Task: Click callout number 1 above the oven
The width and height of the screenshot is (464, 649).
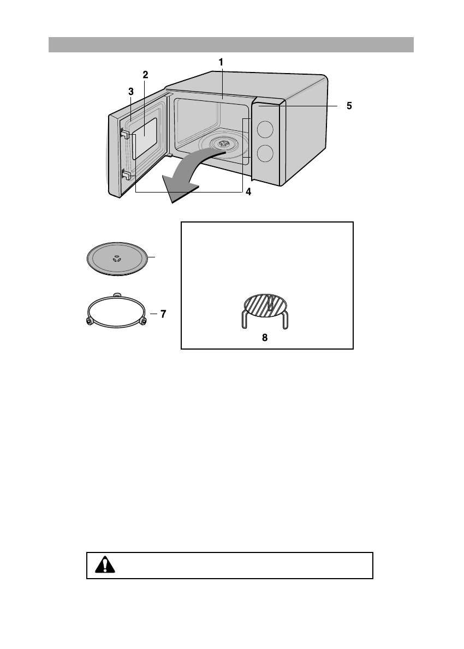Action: click(221, 62)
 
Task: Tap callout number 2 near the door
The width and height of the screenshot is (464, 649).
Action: click(145, 74)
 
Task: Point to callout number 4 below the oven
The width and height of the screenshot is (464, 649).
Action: click(248, 192)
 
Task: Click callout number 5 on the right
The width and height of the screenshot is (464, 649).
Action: click(349, 106)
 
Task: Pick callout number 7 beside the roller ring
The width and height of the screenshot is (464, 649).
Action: click(163, 314)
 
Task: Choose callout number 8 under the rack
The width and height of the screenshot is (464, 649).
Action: click(265, 338)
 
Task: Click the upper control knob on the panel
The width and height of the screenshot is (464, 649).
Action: click(265, 129)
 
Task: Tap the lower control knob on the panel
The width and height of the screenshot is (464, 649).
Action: click(265, 153)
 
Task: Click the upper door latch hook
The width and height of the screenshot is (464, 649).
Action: click(125, 134)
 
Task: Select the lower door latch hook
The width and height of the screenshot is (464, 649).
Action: click(125, 175)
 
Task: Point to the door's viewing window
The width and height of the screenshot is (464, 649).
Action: click(146, 136)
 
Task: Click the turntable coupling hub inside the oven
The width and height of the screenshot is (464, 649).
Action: click(222, 144)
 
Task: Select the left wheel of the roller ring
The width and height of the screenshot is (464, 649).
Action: click(89, 322)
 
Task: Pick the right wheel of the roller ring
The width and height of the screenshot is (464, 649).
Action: click(144, 322)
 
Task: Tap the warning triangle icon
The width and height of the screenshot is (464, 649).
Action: click(102, 565)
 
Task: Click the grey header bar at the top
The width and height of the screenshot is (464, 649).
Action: click(231, 45)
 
